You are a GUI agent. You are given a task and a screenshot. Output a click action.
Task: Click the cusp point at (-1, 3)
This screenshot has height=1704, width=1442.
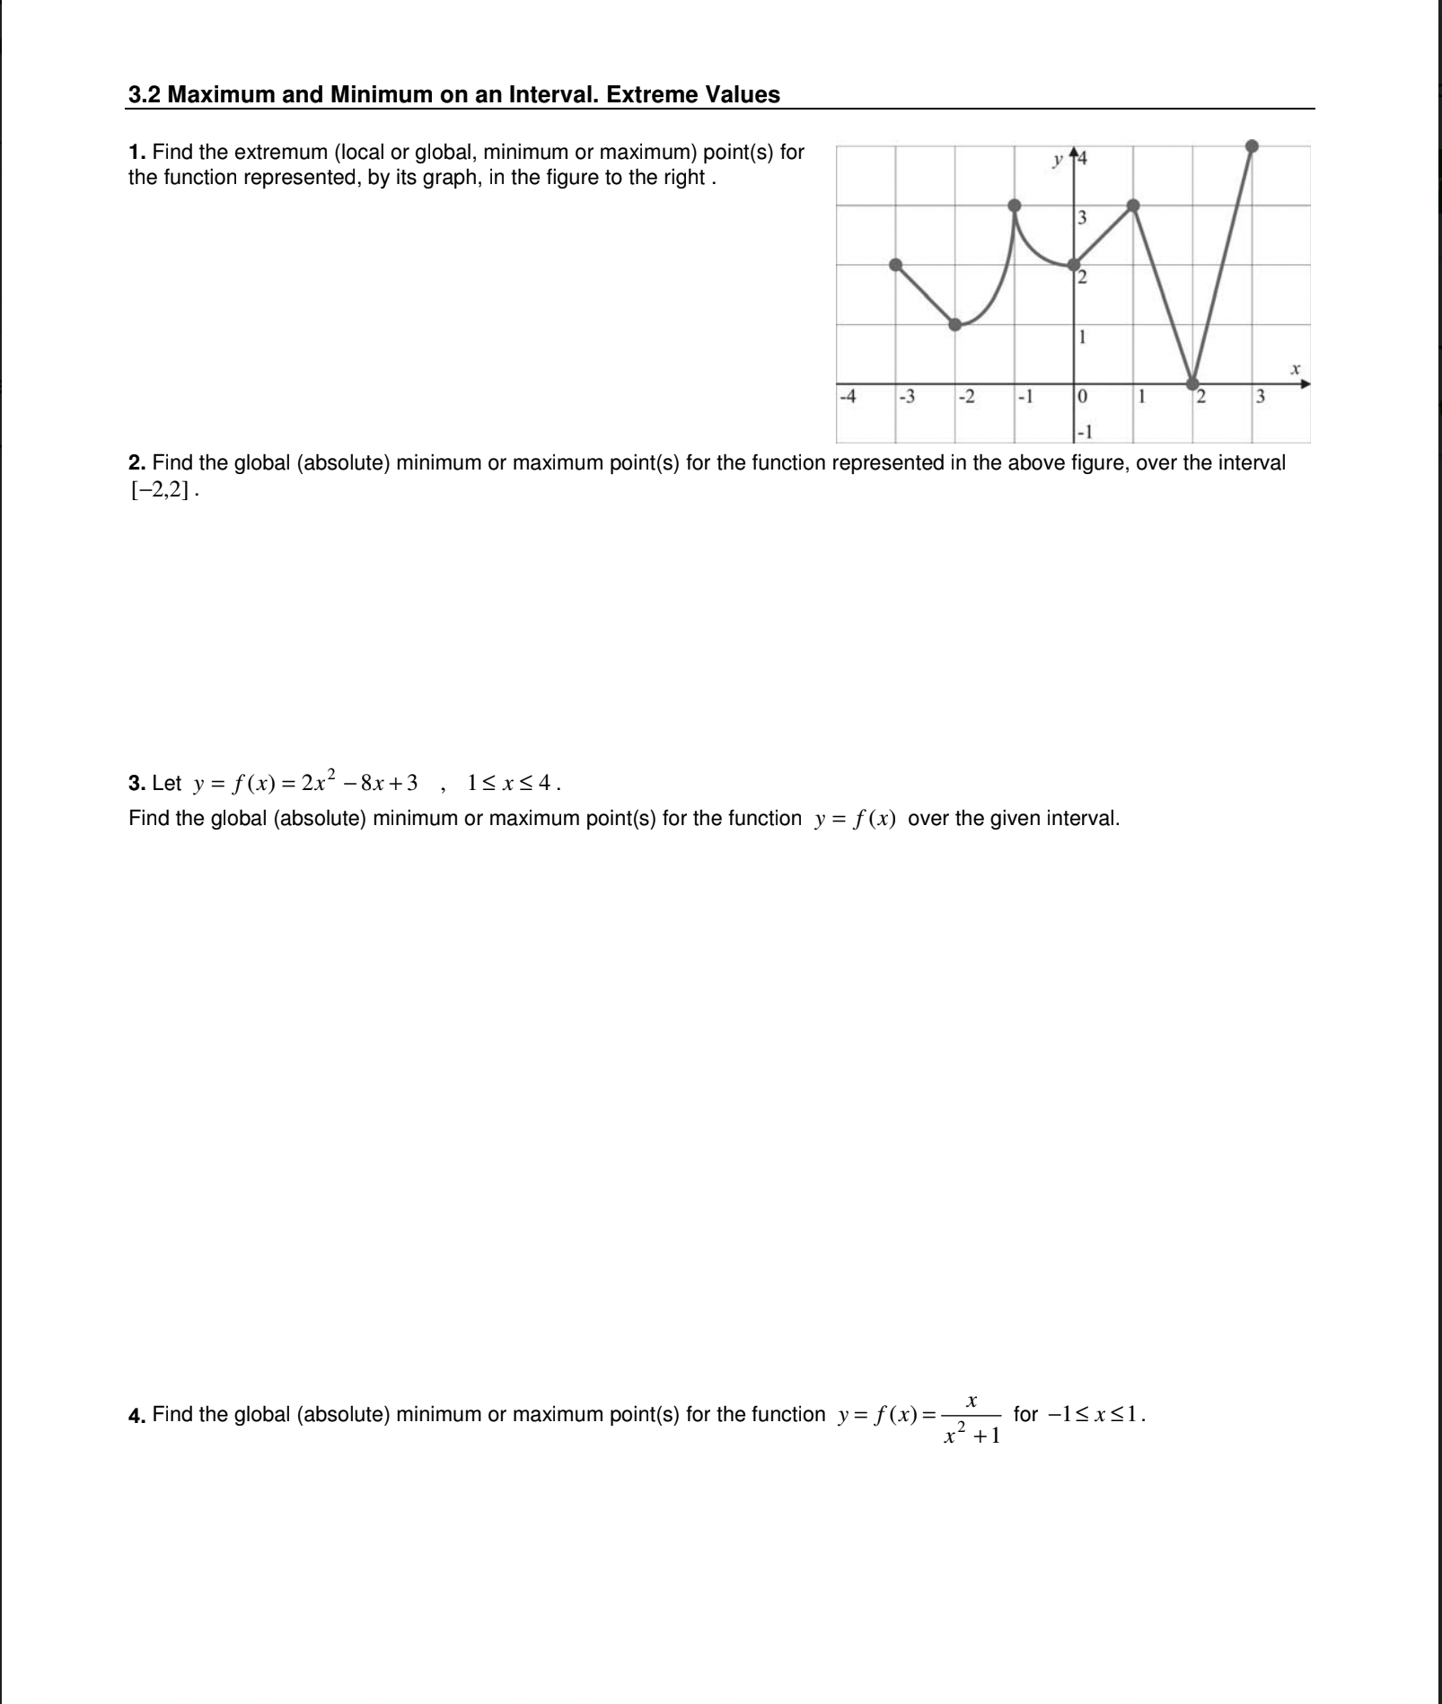[1015, 206]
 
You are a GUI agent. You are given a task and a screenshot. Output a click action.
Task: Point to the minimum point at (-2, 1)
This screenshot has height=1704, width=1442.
[956, 324]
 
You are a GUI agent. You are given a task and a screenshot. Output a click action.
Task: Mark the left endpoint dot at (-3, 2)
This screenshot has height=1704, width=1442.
[896, 265]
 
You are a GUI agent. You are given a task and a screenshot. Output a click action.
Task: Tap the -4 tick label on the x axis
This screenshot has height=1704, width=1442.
[846, 396]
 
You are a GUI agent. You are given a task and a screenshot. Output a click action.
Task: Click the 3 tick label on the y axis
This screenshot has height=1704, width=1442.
[1082, 217]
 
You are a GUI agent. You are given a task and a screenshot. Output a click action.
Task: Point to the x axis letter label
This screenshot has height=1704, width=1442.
[1295, 368]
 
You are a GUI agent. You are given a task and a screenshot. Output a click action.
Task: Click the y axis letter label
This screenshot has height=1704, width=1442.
[1059, 162]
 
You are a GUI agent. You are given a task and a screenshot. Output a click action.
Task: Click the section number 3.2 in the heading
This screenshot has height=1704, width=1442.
[145, 94]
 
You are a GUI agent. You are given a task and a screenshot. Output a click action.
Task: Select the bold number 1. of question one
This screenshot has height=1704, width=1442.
[137, 153]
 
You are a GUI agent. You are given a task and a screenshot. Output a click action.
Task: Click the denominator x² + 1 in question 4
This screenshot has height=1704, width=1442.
[971, 1436]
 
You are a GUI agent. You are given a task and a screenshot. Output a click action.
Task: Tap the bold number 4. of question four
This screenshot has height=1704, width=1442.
[137, 1416]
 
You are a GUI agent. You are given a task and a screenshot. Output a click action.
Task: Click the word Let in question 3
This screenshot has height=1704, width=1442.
[167, 784]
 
